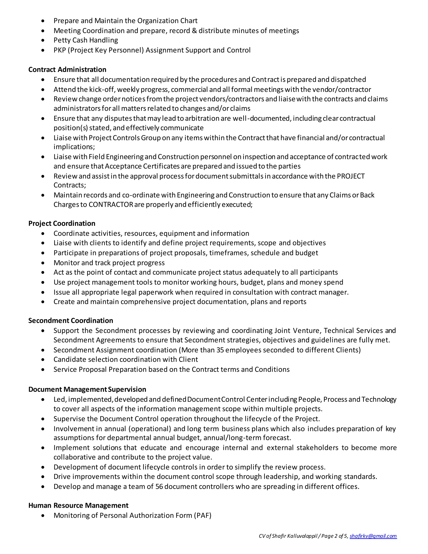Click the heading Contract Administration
[x=67, y=69]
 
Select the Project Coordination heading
[x=62, y=223]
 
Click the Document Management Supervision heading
[x=87, y=389]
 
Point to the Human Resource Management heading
[x=78, y=505]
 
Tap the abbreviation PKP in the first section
[x=60, y=50]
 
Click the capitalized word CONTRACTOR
[x=111, y=204]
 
